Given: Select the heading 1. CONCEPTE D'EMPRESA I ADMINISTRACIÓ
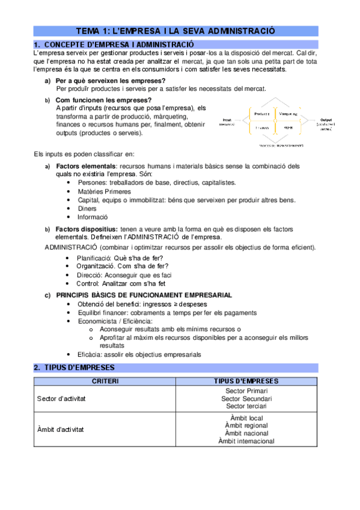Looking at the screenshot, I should click(x=118, y=44).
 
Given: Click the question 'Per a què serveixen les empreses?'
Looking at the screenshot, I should click(x=111, y=81).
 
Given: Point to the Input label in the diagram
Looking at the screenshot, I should click(x=227, y=120).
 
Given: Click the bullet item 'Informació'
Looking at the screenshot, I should click(x=93, y=217).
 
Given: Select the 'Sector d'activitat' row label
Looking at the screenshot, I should click(x=61, y=398).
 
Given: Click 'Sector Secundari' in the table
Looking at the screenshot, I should click(x=246, y=398).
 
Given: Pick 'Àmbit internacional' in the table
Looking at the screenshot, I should click(x=246, y=441).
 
